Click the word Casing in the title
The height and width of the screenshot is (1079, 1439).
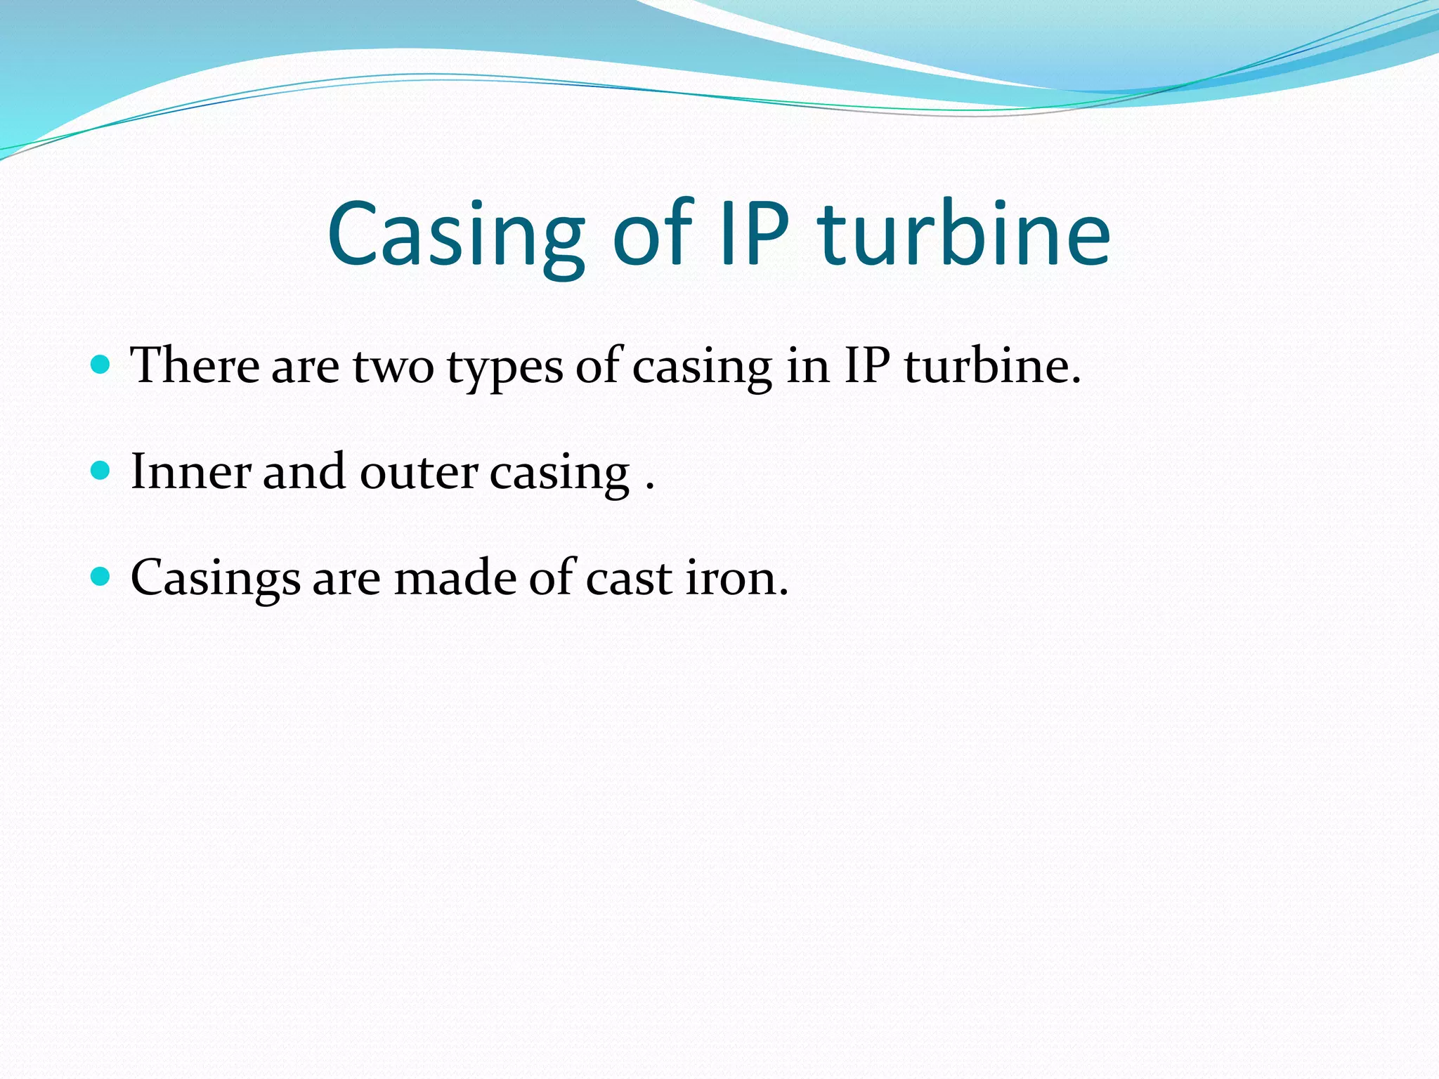point(455,235)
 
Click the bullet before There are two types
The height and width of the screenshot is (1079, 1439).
point(101,365)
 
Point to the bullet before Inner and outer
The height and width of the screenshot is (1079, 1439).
point(101,470)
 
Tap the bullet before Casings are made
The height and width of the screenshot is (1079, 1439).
point(101,576)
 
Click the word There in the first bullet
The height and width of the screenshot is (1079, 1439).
point(195,365)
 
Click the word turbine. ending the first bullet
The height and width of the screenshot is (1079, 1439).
point(991,365)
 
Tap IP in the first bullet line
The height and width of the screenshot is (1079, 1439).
point(866,365)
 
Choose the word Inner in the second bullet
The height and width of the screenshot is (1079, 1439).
point(190,471)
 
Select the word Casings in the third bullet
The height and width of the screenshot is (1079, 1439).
point(215,578)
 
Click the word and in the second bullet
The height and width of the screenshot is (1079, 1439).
point(304,471)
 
